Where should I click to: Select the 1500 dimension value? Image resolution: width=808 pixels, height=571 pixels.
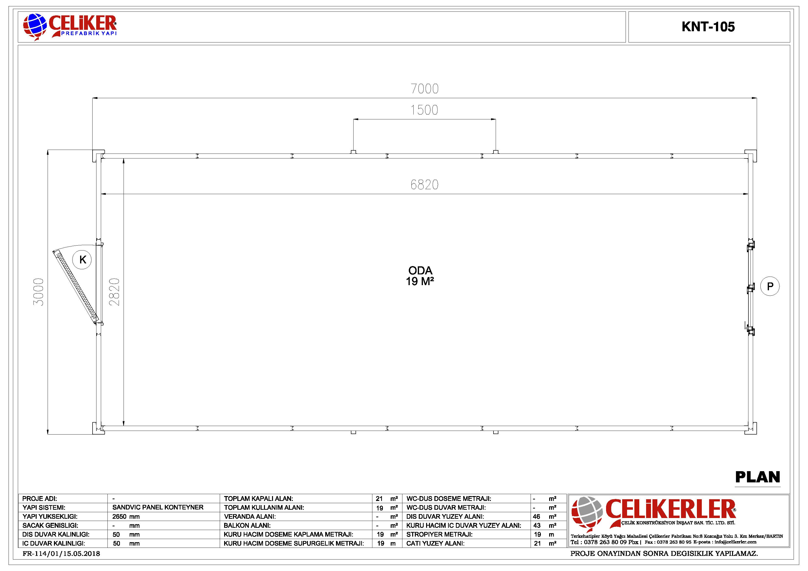pyautogui.click(x=424, y=110)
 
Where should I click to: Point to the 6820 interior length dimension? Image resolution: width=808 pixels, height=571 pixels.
pyautogui.click(x=424, y=185)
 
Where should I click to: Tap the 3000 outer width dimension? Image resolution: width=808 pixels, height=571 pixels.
pyautogui.click(x=38, y=292)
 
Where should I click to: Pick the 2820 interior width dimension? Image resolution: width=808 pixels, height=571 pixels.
pyautogui.click(x=114, y=292)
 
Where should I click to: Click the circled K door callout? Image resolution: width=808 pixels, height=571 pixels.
pyautogui.click(x=82, y=260)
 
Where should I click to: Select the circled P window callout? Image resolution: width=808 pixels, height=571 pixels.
pyautogui.click(x=770, y=286)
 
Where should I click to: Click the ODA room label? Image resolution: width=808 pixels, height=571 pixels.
pyautogui.click(x=420, y=270)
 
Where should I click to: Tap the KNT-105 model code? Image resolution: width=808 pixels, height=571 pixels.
pyautogui.click(x=708, y=27)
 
